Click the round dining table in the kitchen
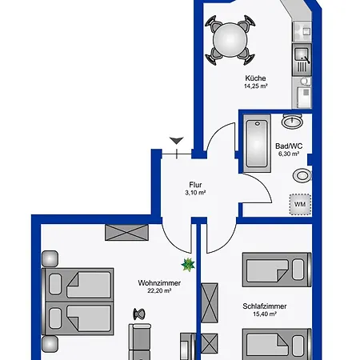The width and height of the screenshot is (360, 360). (230, 40)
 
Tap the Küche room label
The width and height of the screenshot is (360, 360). (255, 78)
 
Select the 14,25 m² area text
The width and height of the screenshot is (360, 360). (256, 86)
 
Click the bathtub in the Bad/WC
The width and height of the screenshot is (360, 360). (257, 143)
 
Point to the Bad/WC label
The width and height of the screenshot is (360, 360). (289, 146)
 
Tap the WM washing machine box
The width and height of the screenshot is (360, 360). (300, 204)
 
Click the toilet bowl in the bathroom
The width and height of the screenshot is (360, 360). (302, 175)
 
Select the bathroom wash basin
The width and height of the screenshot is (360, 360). (292, 122)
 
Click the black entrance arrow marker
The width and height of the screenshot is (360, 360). (177, 140)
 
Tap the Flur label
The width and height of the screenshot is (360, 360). (195, 185)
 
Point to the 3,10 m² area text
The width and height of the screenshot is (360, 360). (195, 193)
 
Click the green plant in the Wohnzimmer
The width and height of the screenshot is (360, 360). (188, 265)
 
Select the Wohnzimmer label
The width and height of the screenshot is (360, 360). (159, 283)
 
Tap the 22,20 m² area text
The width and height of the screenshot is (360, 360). (159, 290)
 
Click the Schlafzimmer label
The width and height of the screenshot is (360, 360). (265, 306)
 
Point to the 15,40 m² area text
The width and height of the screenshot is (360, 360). (265, 314)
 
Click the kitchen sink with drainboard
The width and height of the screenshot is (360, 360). (302, 60)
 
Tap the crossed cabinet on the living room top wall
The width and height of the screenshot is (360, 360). (126, 233)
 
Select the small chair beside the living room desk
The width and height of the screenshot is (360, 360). (139, 314)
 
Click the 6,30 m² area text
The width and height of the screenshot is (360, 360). (289, 154)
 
